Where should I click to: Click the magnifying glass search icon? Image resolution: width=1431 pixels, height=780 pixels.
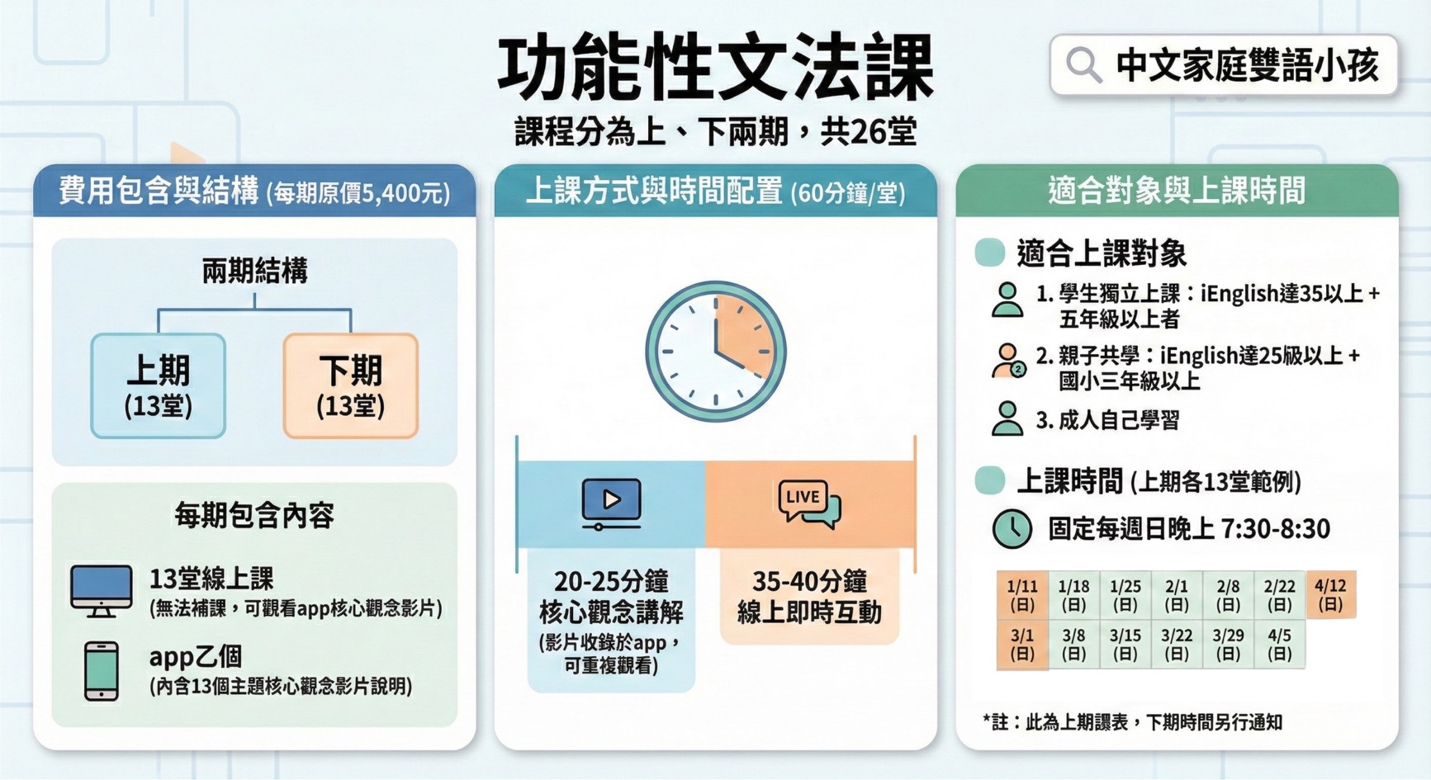1083,64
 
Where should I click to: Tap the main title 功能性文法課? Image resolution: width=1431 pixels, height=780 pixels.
715,69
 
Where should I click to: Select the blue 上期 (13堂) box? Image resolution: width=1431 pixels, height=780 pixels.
158,385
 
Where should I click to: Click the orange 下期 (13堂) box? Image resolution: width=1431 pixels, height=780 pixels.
350,385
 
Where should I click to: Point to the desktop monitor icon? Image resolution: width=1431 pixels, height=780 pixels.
102,591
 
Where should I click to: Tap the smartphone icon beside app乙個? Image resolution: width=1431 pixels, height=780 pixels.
102,671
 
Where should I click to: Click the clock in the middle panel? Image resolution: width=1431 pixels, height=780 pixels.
715,352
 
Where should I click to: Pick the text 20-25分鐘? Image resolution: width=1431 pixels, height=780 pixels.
611,581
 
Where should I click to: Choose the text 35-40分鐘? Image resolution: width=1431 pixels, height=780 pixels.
809,581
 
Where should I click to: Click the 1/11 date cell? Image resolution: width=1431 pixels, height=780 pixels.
1022,595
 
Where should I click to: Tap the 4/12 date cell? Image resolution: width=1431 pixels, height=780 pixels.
1330,595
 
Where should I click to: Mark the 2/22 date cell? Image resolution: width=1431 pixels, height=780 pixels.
1279,595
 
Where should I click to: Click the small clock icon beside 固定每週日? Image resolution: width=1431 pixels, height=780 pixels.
1012,529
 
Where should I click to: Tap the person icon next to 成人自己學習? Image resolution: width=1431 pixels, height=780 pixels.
1007,418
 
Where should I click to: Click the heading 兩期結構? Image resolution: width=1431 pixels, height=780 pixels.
254,271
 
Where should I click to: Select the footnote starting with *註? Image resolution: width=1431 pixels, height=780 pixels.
1132,722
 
